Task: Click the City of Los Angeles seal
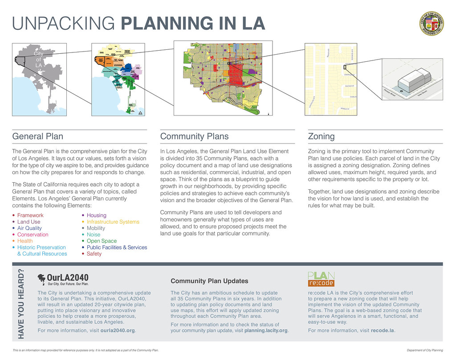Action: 432,24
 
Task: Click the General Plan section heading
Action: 37,136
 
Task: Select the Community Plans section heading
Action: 194,136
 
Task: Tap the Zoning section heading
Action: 321,136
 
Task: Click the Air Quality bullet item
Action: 30,228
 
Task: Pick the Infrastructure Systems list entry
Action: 113,222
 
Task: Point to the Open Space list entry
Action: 102,241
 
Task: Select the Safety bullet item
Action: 94,254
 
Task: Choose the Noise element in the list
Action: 94,235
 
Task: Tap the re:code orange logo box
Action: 321,283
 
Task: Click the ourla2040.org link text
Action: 118,331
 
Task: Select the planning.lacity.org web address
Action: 266,331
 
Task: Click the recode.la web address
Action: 383,331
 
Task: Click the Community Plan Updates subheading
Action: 209,281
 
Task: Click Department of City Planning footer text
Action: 425,351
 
